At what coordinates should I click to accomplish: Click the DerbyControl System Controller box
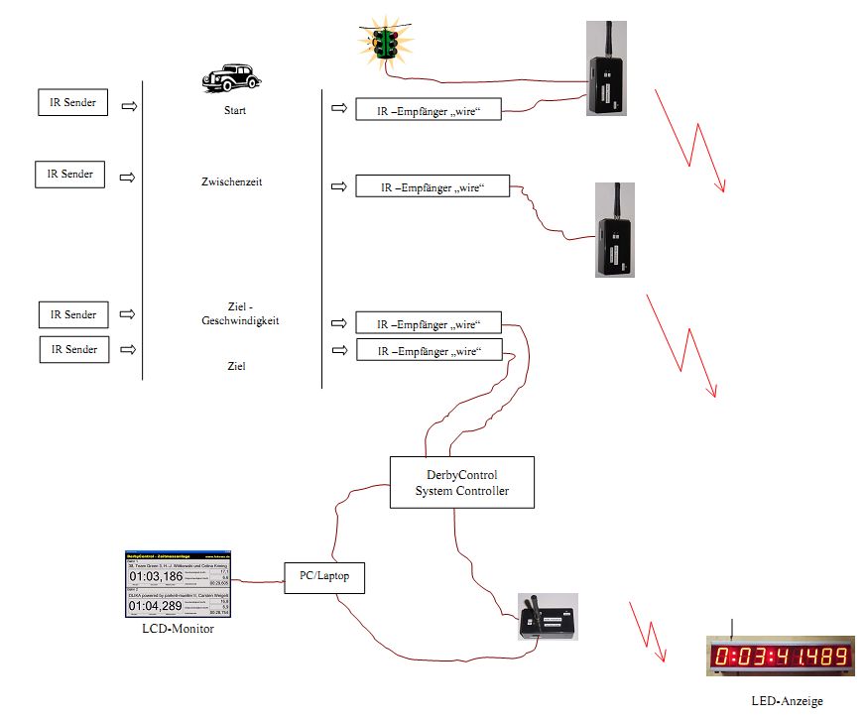461,482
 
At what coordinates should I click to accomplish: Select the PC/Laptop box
324,574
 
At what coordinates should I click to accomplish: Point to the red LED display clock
780,656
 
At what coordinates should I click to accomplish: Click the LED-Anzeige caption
787,701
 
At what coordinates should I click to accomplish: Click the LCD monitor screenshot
177,583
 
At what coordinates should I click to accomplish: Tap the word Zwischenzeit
234,182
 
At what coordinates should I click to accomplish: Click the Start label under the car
235,110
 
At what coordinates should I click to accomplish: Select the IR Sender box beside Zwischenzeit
69,175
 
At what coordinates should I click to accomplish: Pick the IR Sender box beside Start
72,102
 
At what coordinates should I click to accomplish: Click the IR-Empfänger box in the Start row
430,109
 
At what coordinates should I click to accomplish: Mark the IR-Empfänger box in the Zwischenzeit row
433,185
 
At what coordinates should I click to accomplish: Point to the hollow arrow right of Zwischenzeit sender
128,177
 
